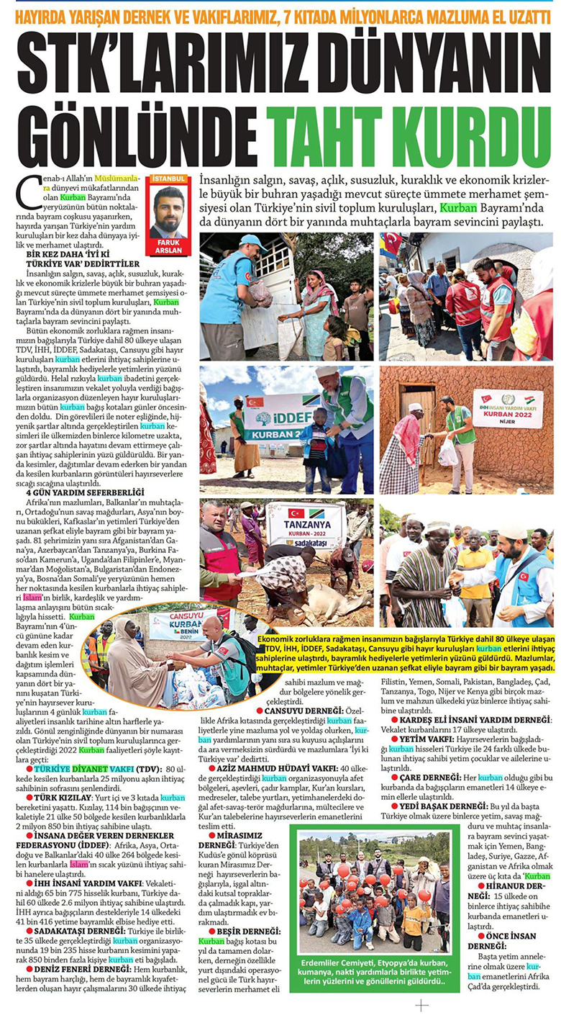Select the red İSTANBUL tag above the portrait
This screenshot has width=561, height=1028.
168,179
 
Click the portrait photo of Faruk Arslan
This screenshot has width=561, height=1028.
168,212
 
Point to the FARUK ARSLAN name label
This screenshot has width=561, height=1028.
168,247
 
